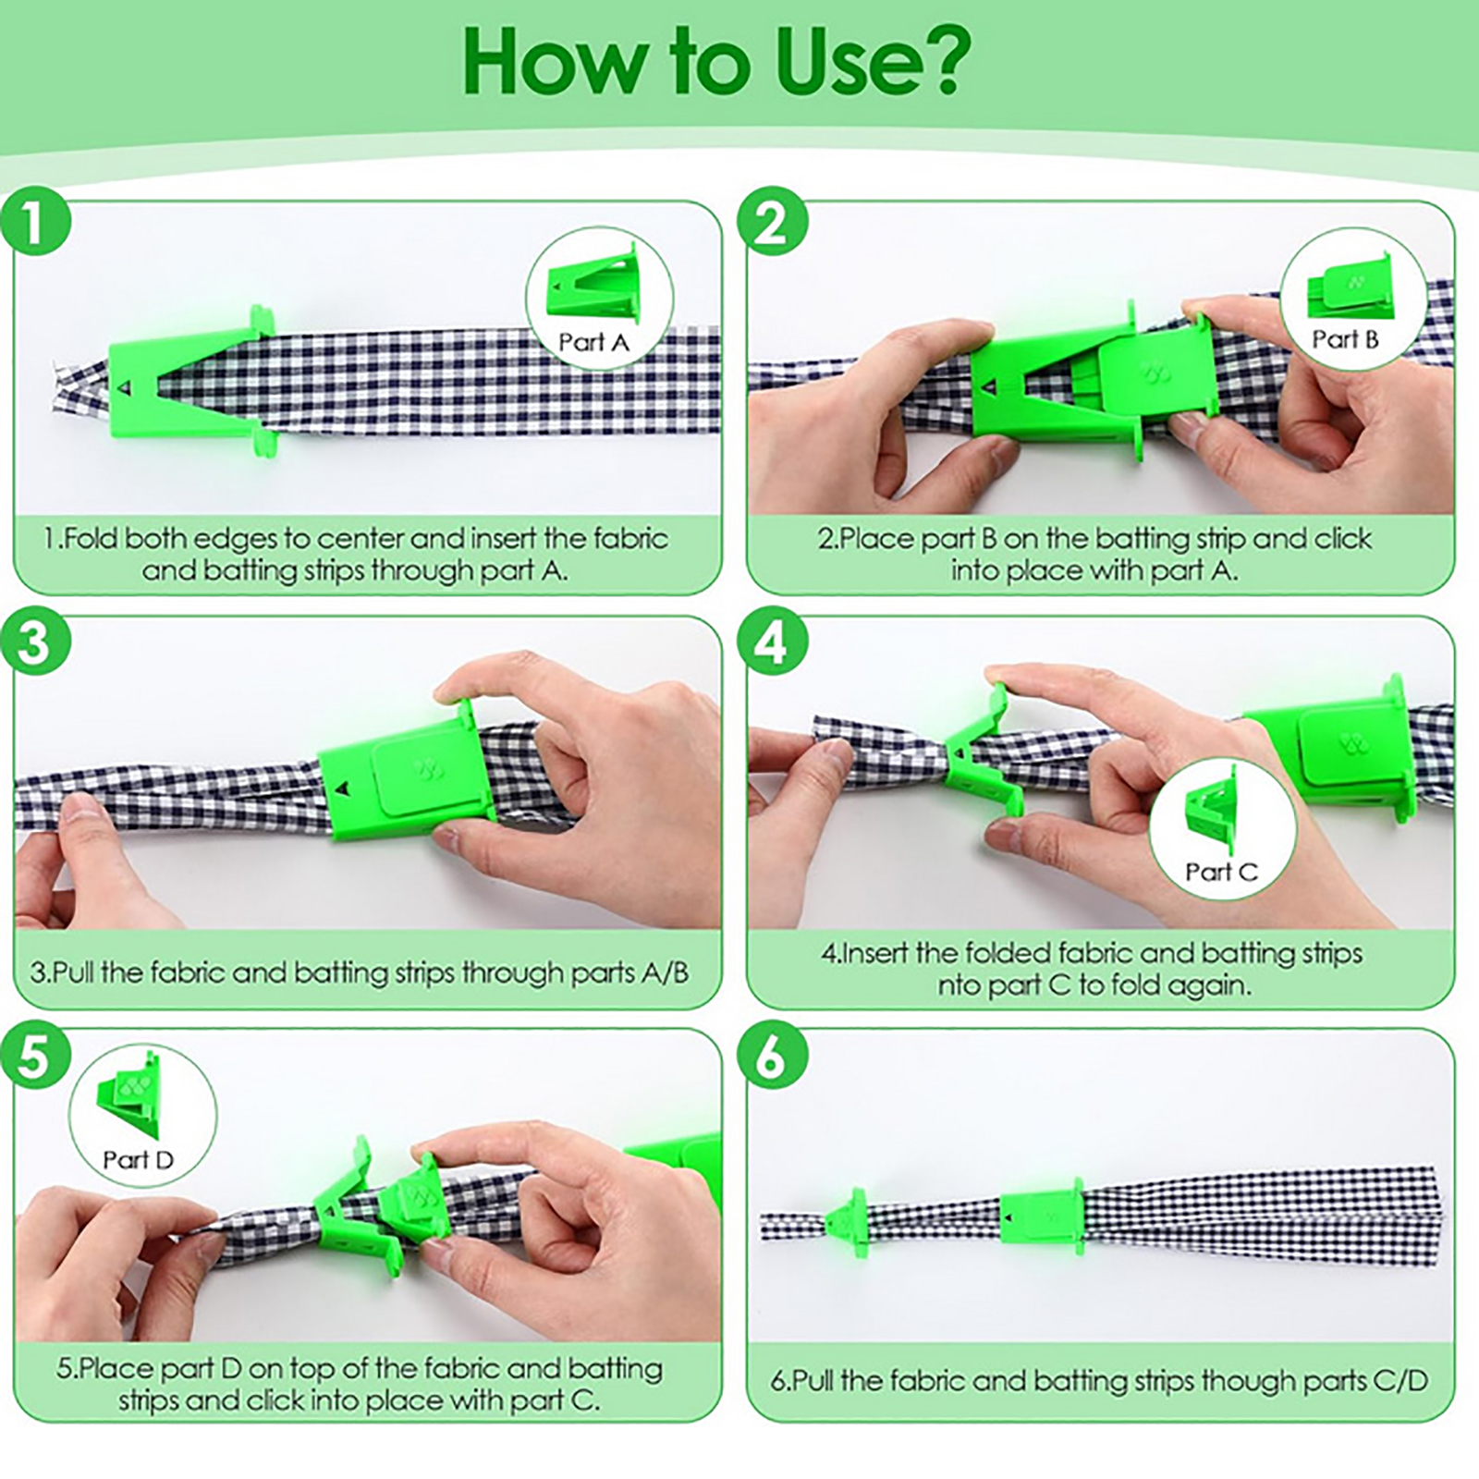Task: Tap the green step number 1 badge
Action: pyautogui.click(x=34, y=224)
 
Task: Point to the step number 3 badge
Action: pyautogui.click(x=34, y=640)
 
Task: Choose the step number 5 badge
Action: pyautogui.click(x=34, y=1056)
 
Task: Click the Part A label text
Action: pyautogui.click(x=593, y=342)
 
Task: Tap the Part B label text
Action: pyautogui.click(x=1345, y=339)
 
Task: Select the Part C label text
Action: pyautogui.click(x=1221, y=872)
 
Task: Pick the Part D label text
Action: pyautogui.click(x=138, y=1159)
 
